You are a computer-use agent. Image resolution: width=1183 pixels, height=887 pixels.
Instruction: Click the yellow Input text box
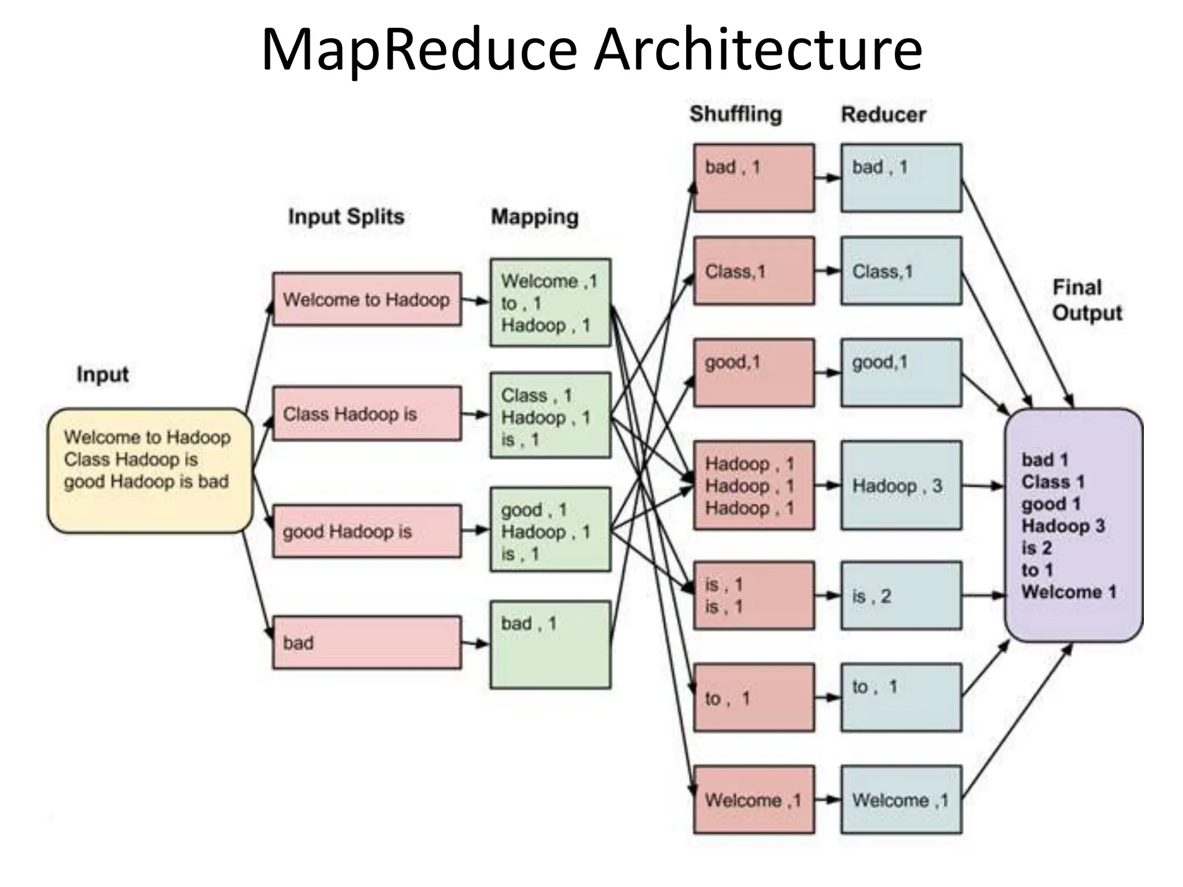[x=150, y=470]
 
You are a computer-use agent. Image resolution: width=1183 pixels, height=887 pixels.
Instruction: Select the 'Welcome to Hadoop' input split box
[x=367, y=299]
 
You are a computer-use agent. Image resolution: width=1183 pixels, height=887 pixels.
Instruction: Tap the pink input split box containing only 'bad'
[x=367, y=642]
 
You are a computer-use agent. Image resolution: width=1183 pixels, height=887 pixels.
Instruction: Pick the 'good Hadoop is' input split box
[x=367, y=531]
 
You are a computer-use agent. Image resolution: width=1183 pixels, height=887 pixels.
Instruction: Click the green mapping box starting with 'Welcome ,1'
[x=550, y=303]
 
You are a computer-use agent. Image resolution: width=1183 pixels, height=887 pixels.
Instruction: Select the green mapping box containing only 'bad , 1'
[x=550, y=644]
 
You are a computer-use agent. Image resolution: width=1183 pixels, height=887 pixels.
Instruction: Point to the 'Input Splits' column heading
[x=346, y=217]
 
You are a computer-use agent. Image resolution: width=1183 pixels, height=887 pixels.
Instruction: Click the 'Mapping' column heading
[x=534, y=217]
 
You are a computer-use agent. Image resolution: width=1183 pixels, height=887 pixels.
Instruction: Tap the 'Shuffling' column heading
[x=735, y=114]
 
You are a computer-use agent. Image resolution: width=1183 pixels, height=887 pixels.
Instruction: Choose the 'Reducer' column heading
[x=883, y=114]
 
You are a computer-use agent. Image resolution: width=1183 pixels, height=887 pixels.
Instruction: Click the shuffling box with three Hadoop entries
[x=754, y=485]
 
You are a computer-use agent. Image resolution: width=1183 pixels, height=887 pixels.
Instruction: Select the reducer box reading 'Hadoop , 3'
[x=901, y=485]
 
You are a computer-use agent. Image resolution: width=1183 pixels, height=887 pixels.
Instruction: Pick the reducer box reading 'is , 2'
[x=901, y=595]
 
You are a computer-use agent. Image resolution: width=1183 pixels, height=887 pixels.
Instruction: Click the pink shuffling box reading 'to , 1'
[x=754, y=698]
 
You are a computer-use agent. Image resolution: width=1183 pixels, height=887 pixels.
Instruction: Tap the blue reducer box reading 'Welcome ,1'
[x=901, y=800]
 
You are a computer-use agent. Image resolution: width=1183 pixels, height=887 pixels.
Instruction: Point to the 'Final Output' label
[x=1086, y=300]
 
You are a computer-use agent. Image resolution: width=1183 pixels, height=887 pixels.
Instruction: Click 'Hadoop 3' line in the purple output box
[x=1063, y=526]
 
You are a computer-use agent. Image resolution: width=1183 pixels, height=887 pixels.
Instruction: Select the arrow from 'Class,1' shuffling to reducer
[x=827, y=270]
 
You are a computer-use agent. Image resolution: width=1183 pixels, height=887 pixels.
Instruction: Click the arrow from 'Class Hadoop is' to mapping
[x=475, y=414]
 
